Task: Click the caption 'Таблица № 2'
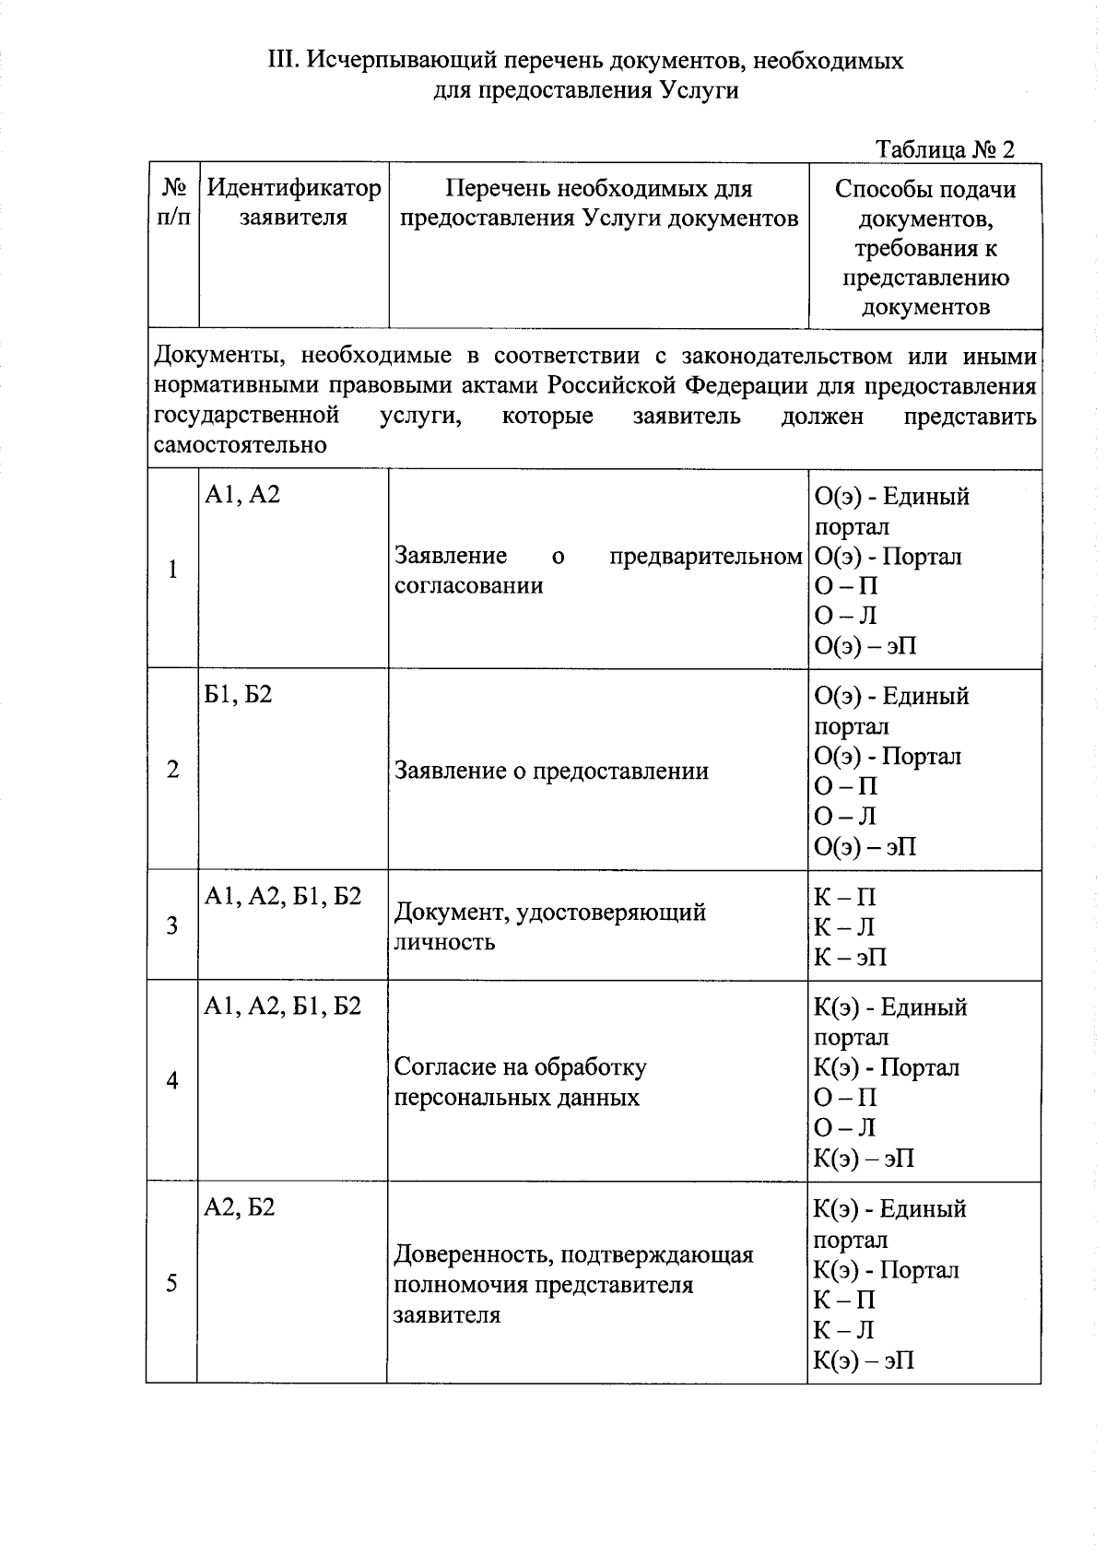pos(945,149)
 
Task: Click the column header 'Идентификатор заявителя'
pos(293,203)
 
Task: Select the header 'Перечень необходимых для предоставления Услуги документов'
pos(599,203)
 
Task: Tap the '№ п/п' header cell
pos(174,203)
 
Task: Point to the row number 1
pos(172,570)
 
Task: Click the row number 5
pos(171,1283)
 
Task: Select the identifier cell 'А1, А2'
pos(242,495)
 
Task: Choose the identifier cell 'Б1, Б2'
pos(239,694)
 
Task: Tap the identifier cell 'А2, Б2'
pos(240,1207)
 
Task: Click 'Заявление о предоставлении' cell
pos(551,771)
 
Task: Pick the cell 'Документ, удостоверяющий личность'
pos(550,926)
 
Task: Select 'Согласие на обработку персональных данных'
pos(521,1082)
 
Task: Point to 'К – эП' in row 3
pos(850,957)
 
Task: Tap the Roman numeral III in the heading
pos(280,61)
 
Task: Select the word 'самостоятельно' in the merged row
pos(241,445)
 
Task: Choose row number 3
pos(172,925)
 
